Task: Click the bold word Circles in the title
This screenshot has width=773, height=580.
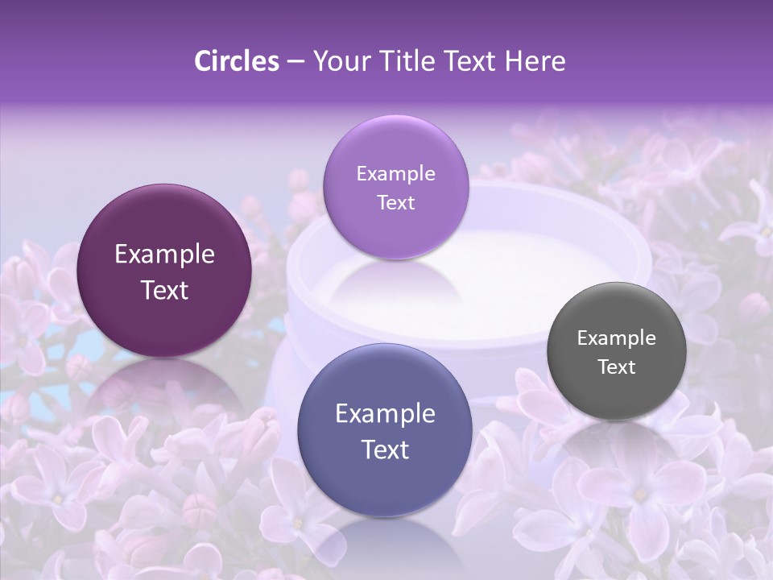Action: coord(236,61)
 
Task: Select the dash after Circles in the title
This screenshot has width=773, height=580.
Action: coord(296,61)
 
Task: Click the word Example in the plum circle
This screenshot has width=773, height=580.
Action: coord(164,255)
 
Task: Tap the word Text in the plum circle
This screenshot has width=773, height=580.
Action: coord(164,290)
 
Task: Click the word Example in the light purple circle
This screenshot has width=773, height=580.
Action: coord(395,173)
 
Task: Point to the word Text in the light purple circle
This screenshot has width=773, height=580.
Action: coord(395,202)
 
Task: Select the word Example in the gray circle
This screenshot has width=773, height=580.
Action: coord(616,338)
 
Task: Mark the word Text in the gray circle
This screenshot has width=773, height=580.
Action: coord(616,367)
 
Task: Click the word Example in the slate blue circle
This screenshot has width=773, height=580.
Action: coord(385,413)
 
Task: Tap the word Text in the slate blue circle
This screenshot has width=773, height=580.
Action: coord(385,449)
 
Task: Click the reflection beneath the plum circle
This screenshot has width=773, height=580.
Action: coord(164,387)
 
